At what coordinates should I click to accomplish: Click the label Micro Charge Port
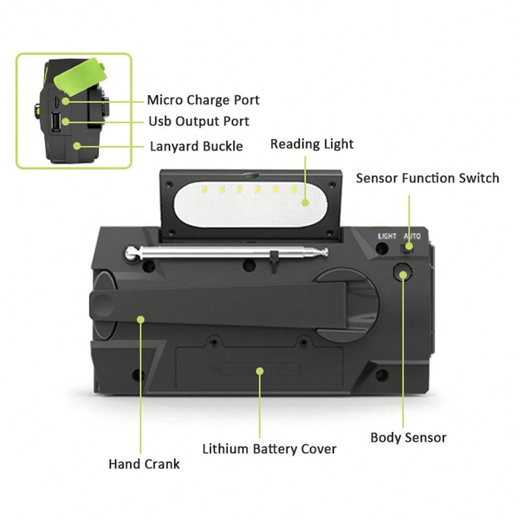[203, 100]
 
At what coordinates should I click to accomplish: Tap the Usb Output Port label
[199, 122]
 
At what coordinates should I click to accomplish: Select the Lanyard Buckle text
[196, 146]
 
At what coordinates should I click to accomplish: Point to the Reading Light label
[312, 144]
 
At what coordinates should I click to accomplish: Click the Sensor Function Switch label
[428, 178]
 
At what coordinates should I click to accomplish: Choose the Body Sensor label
[408, 438]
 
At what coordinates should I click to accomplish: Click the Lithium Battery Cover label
[269, 449]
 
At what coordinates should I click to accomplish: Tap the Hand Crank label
[144, 464]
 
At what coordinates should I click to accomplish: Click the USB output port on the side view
[56, 122]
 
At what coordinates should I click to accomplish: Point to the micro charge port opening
[57, 101]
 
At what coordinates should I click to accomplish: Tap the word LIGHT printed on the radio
[387, 236]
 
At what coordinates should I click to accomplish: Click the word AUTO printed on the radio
[412, 236]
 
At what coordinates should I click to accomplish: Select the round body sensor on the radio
[402, 272]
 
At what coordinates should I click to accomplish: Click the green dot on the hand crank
[140, 320]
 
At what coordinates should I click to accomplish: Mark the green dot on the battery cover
[260, 371]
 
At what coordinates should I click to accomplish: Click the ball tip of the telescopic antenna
[132, 253]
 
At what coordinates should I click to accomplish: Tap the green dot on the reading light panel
[305, 202]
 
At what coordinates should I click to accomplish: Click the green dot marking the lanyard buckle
[77, 146]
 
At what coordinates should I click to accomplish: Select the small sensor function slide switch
[407, 248]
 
